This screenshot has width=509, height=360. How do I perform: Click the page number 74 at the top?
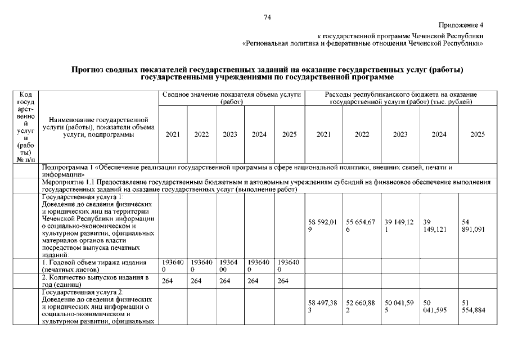(x=268, y=17)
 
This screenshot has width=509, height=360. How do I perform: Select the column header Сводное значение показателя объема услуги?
(x=232, y=98)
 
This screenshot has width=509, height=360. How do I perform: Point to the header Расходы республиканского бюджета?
(x=400, y=98)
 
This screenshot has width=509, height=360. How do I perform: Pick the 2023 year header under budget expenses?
(x=400, y=134)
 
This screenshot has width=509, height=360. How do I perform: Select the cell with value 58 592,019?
(x=323, y=226)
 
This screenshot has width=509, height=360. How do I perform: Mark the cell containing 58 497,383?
(x=323, y=307)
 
